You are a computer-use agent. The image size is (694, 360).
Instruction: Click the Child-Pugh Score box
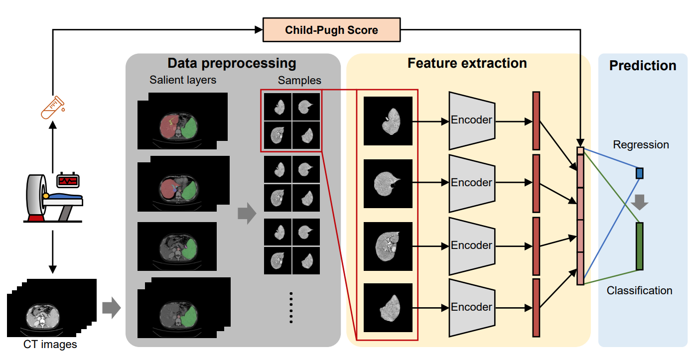331,30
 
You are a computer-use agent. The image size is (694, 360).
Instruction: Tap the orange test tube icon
52,107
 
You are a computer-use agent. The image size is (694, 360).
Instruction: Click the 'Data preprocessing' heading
232,64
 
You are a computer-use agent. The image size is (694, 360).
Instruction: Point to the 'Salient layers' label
183,80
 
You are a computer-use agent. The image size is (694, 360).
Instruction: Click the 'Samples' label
299,80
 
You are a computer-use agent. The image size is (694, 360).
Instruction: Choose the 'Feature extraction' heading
467,63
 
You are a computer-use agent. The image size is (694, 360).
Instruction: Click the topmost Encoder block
472,120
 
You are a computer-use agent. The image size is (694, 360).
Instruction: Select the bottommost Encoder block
472,307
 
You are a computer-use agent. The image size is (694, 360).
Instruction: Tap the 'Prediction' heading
643,66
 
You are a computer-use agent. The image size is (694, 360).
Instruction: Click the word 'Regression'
641,145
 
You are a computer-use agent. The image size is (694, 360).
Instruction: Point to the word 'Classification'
639,290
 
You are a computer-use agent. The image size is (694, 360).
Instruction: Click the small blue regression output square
640,173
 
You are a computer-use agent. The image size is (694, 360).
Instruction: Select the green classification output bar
640,246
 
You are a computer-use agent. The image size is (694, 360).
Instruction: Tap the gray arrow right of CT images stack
111,308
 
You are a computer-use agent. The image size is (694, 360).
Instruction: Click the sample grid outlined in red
291,120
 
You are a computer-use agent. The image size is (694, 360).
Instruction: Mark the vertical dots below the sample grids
291,307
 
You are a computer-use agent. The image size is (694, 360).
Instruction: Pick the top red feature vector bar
536,120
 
